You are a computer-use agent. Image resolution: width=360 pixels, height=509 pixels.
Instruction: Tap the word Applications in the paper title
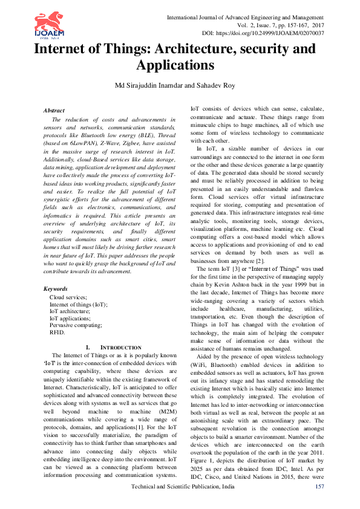click(175, 65)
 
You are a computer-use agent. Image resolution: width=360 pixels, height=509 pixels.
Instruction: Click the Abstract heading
click(54, 111)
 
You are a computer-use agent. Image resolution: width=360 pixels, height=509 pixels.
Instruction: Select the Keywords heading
click(56, 289)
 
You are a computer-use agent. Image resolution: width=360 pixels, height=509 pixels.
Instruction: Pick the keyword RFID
click(57, 332)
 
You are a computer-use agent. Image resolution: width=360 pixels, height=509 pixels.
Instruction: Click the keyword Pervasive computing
click(76, 325)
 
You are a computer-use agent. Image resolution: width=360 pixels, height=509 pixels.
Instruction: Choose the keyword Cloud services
click(68, 297)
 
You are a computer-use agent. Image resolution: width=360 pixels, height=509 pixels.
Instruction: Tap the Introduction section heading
click(114, 348)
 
